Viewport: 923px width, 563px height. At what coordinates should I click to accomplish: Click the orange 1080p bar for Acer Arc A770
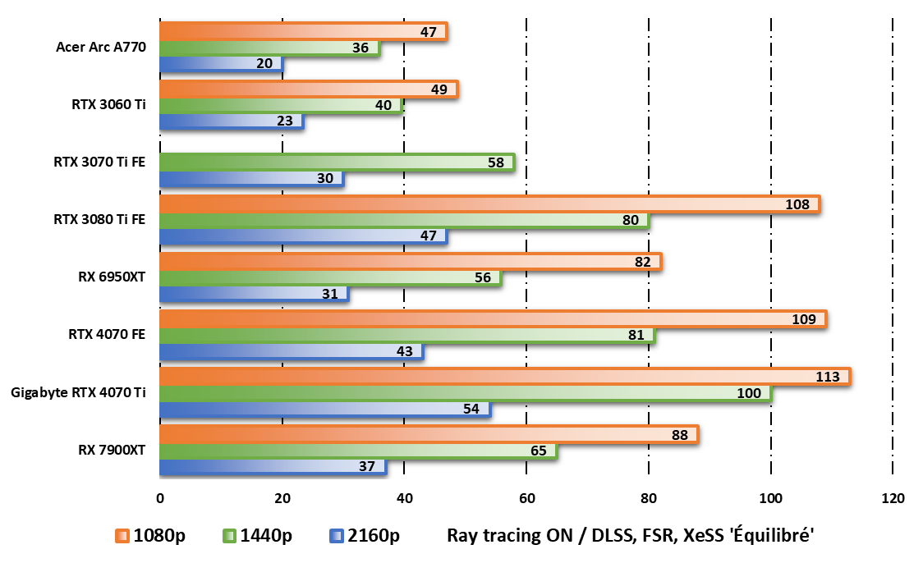pos(302,31)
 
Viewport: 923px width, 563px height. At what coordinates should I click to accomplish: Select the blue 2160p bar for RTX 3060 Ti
pos(231,121)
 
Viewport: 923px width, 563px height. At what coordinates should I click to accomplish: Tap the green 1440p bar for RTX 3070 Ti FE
pos(336,162)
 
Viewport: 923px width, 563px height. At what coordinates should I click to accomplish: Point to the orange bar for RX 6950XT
pos(409,262)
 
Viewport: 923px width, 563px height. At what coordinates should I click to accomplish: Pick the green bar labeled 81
pos(406,335)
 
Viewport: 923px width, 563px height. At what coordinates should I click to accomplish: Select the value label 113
pos(828,377)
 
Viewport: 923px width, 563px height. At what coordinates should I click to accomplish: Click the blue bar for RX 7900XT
pos(272,467)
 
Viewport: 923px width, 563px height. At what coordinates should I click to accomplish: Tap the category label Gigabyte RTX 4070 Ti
pos(78,392)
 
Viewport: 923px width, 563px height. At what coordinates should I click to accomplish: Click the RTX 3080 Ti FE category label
pos(99,219)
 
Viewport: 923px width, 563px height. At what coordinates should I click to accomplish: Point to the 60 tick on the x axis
pos(526,498)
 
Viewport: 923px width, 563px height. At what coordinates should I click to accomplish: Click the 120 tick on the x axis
pos(893,498)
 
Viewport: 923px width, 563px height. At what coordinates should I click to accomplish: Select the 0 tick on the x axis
pos(159,498)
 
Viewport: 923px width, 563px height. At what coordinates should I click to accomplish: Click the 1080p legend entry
pos(150,536)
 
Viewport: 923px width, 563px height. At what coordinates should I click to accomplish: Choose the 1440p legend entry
pos(257,536)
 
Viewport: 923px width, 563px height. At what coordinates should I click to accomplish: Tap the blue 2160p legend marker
pos(334,537)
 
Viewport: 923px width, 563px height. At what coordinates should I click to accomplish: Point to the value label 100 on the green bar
pos(749,393)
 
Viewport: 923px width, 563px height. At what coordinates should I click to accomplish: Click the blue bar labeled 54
pos(324,410)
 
